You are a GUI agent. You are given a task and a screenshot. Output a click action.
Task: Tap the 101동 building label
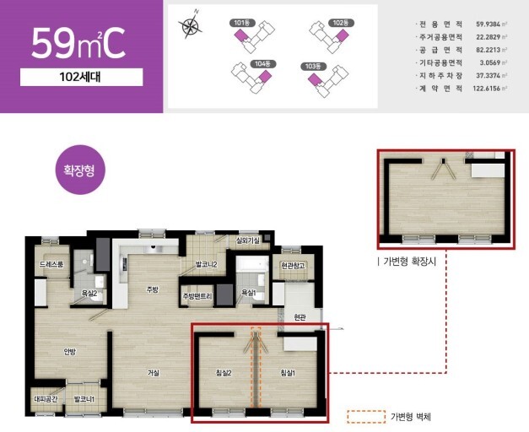click(x=241, y=23)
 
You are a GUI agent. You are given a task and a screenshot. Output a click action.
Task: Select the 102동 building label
click(x=339, y=23)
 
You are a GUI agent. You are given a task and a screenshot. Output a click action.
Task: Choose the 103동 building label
click(x=314, y=65)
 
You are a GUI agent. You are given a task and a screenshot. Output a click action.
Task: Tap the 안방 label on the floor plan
click(x=70, y=352)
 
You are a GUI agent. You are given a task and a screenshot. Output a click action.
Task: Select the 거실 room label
click(x=154, y=372)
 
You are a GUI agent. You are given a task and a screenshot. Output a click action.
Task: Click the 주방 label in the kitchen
click(x=152, y=289)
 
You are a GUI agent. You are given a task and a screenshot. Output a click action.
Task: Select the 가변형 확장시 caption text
click(x=412, y=262)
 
